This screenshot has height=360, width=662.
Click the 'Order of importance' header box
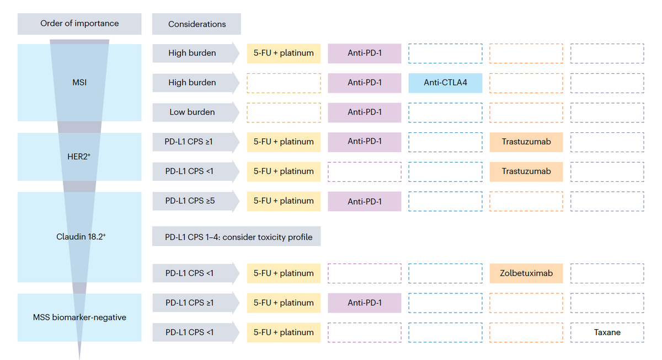pyautogui.click(x=79, y=24)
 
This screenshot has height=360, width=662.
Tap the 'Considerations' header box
pyautogui.click(x=196, y=24)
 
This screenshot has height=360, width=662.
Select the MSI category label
pyautogui.click(x=79, y=82)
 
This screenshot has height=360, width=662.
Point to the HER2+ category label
pyautogui.click(x=78, y=156)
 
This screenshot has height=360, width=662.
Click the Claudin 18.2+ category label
pyautogui.click(x=81, y=237)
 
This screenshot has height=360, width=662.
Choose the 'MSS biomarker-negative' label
pyautogui.click(x=79, y=317)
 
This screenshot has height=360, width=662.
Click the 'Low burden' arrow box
pyautogui.click(x=196, y=112)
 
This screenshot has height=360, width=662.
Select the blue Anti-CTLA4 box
pyautogui.click(x=445, y=83)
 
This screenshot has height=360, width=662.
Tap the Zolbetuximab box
pyautogui.click(x=526, y=273)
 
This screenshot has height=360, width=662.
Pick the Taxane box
pyautogui.click(x=607, y=332)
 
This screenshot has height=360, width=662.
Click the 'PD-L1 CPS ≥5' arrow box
pyautogui.click(x=196, y=201)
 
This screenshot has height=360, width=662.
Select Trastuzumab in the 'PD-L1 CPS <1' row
pyautogui.click(x=526, y=171)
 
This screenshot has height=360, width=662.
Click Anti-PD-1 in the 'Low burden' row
pyautogui.click(x=365, y=112)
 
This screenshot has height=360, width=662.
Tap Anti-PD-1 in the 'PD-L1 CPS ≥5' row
pyautogui.click(x=365, y=201)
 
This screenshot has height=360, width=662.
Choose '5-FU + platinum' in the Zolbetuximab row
pyautogui.click(x=284, y=273)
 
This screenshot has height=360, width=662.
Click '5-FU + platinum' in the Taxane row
pyautogui.click(x=284, y=332)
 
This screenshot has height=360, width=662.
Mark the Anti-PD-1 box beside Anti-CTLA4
pyautogui.click(x=365, y=83)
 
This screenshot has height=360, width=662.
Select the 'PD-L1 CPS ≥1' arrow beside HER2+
pyautogui.click(x=196, y=142)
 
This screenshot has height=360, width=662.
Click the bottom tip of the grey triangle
pyautogui.click(x=79, y=359)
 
